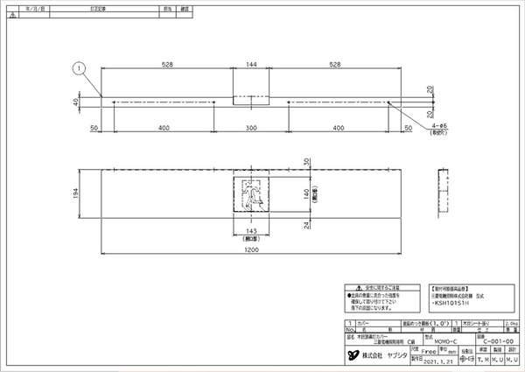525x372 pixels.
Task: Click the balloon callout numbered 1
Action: point(79,67)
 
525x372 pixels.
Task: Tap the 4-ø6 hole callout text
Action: point(440,126)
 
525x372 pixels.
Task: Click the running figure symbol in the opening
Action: point(254,193)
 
